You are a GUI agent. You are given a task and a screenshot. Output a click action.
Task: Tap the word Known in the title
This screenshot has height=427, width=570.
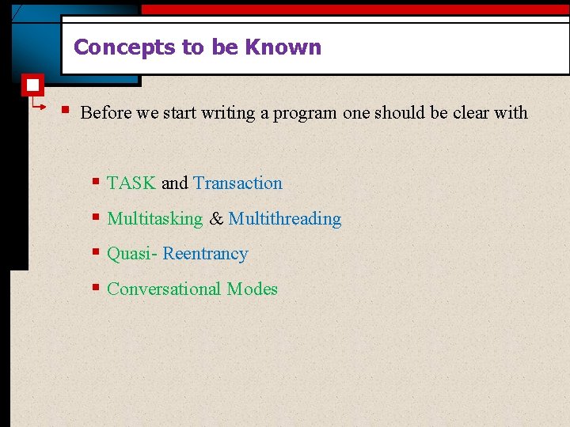click(283, 47)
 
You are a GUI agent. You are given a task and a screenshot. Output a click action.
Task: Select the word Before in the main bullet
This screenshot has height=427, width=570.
click(106, 113)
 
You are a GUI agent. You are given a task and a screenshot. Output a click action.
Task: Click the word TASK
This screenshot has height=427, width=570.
click(131, 183)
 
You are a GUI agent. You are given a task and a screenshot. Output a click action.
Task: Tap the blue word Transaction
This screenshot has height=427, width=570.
click(237, 183)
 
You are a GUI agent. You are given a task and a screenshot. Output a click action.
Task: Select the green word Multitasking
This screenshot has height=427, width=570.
click(155, 219)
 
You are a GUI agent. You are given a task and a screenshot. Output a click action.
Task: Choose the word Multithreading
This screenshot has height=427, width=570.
click(285, 219)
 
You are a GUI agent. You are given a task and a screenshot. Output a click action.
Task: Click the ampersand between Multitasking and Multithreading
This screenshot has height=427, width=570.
click(216, 219)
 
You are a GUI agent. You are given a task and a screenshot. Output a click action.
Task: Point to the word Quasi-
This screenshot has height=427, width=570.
click(132, 254)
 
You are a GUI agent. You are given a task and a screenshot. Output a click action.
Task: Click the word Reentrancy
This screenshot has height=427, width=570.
click(206, 254)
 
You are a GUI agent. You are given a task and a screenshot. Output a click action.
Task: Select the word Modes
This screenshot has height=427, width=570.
click(253, 289)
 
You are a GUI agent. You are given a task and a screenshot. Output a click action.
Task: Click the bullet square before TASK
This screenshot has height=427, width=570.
click(95, 182)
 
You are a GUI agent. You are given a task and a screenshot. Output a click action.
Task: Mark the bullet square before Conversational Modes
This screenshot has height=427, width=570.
click(95, 288)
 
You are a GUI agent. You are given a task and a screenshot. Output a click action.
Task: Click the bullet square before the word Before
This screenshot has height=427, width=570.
click(68, 110)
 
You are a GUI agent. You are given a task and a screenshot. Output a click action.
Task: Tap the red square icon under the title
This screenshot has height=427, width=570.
click(33, 85)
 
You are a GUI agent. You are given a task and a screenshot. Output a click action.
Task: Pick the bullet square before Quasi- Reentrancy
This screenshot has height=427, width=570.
click(95, 252)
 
